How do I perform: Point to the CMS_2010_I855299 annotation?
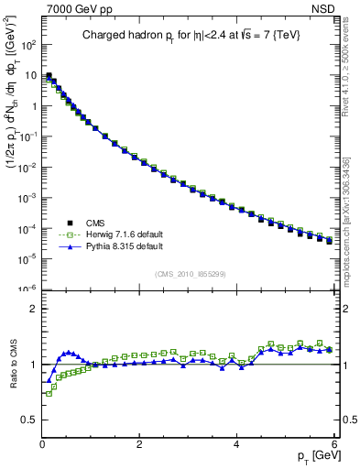(x=190, y=275)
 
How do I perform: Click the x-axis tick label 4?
(x=236, y=443)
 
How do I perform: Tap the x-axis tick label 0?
(x=42, y=443)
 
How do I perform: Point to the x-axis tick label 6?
(x=333, y=443)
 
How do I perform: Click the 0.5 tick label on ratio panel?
(x=27, y=420)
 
